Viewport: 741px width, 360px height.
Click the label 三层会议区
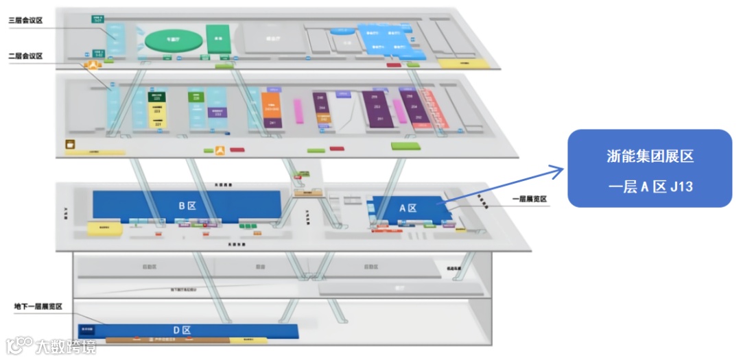pyautogui.click(x=25, y=21)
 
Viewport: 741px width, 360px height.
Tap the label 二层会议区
pyautogui.click(x=25, y=56)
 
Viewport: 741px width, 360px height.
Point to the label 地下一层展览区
pyautogui.click(x=38, y=307)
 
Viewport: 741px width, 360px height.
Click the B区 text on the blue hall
pyautogui.click(x=187, y=205)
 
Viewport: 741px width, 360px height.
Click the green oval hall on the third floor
pyautogui.click(x=170, y=39)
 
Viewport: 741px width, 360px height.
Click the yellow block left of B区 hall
pyautogui.click(x=105, y=228)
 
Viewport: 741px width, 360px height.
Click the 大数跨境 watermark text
pyautogui.click(x=66, y=346)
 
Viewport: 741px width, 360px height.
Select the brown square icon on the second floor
pyautogui.click(x=70, y=145)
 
